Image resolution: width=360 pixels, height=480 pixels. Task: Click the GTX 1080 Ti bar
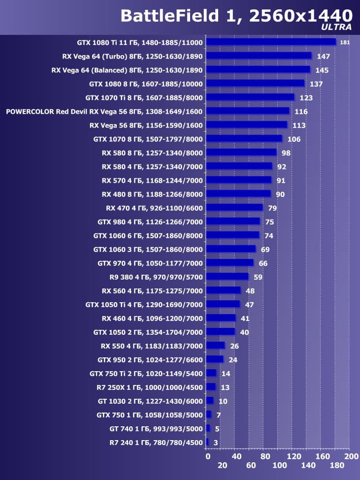tap(270, 42)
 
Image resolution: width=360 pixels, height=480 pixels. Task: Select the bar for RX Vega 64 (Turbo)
tap(259, 56)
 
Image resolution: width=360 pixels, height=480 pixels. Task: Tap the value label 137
tap(316, 84)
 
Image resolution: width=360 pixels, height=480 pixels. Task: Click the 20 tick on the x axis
tap(222, 466)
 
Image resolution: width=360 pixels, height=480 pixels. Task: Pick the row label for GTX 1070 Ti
tap(144, 97)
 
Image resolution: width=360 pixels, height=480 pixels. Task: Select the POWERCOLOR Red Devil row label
tap(104, 111)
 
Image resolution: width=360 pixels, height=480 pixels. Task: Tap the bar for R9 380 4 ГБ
tap(227, 277)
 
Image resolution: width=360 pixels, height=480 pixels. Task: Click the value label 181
tap(345, 42)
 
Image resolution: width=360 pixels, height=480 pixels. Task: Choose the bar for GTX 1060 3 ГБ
tap(230, 249)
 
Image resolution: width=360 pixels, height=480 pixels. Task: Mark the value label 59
tap(258, 277)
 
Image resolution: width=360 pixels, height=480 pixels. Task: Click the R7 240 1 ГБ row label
tap(156, 443)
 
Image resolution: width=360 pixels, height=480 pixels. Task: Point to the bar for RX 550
tap(215, 346)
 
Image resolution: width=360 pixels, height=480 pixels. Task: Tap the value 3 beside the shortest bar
tap(216, 443)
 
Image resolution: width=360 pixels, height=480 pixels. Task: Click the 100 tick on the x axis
tap(279, 466)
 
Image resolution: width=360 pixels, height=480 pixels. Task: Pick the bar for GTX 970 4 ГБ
tap(229, 263)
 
